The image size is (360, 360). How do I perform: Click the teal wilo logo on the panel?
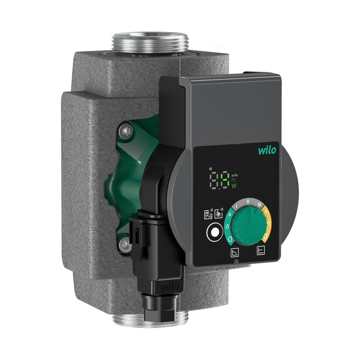click(x=267, y=150)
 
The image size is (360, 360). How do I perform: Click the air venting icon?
click(x=208, y=215)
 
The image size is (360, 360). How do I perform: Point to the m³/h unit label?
click(x=235, y=175)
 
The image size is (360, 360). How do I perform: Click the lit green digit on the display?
click(x=225, y=180)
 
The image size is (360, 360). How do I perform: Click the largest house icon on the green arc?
click(x=229, y=238)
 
